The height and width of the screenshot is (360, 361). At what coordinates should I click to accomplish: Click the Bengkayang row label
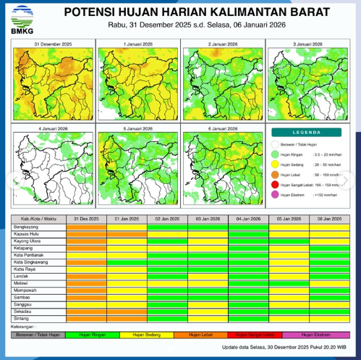26,227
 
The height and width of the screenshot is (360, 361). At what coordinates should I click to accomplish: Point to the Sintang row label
22,318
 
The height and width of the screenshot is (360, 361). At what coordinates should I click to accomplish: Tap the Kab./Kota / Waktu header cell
39,218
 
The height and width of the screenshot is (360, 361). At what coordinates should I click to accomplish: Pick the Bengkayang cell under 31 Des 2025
86,227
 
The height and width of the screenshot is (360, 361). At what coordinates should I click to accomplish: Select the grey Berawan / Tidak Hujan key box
38,335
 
